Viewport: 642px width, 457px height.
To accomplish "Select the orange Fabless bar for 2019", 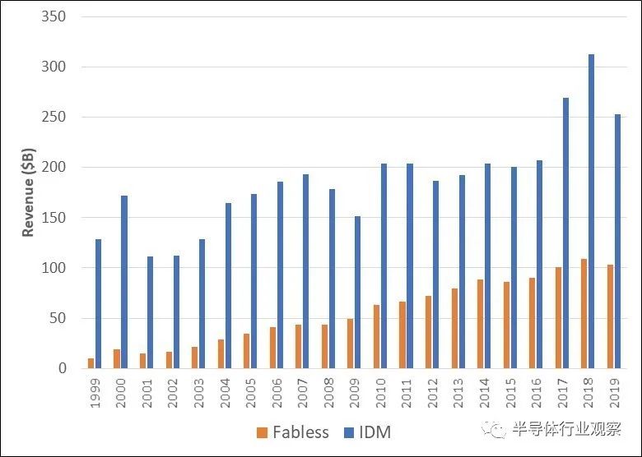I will (x=610, y=316).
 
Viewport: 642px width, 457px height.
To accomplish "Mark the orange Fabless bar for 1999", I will (x=91, y=363).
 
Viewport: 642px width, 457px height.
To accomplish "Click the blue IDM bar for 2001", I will (x=151, y=312).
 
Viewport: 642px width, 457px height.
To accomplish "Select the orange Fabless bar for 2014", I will (x=480, y=324).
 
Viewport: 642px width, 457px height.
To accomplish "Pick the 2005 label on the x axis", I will (x=250, y=392).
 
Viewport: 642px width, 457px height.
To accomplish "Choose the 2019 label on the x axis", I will (x=613, y=392).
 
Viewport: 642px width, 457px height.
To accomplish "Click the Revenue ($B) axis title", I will (x=29, y=192).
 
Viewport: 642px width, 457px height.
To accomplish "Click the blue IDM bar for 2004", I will (x=228, y=285).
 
